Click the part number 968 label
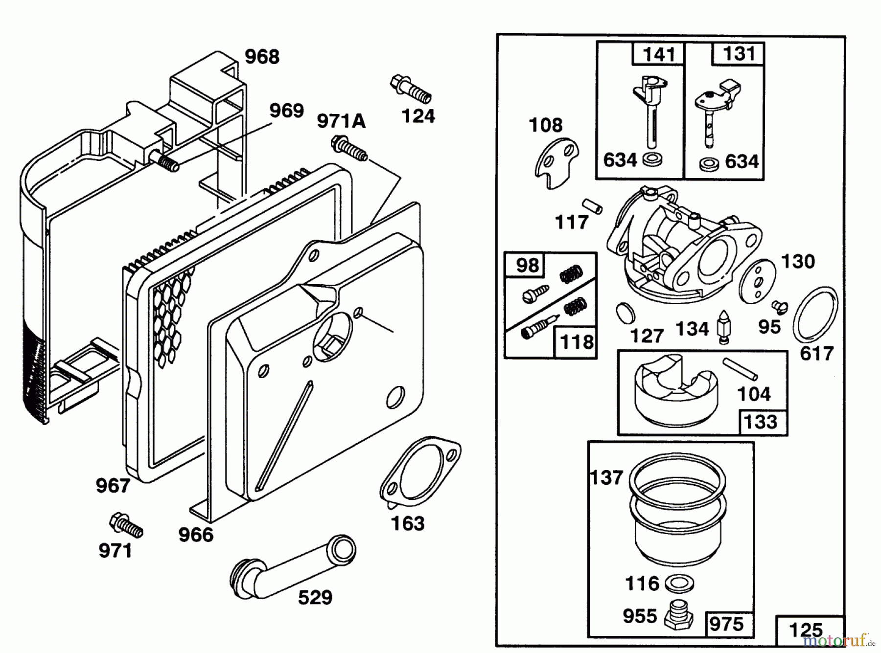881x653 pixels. coord(262,57)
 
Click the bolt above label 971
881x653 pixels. coord(126,526)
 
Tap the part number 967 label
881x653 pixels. coord(113,486)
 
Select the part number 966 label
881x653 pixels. coord(196,535)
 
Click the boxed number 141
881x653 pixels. coord(658,54)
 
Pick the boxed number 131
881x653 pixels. coord(738,53)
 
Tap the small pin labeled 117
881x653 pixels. coord(592,205)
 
